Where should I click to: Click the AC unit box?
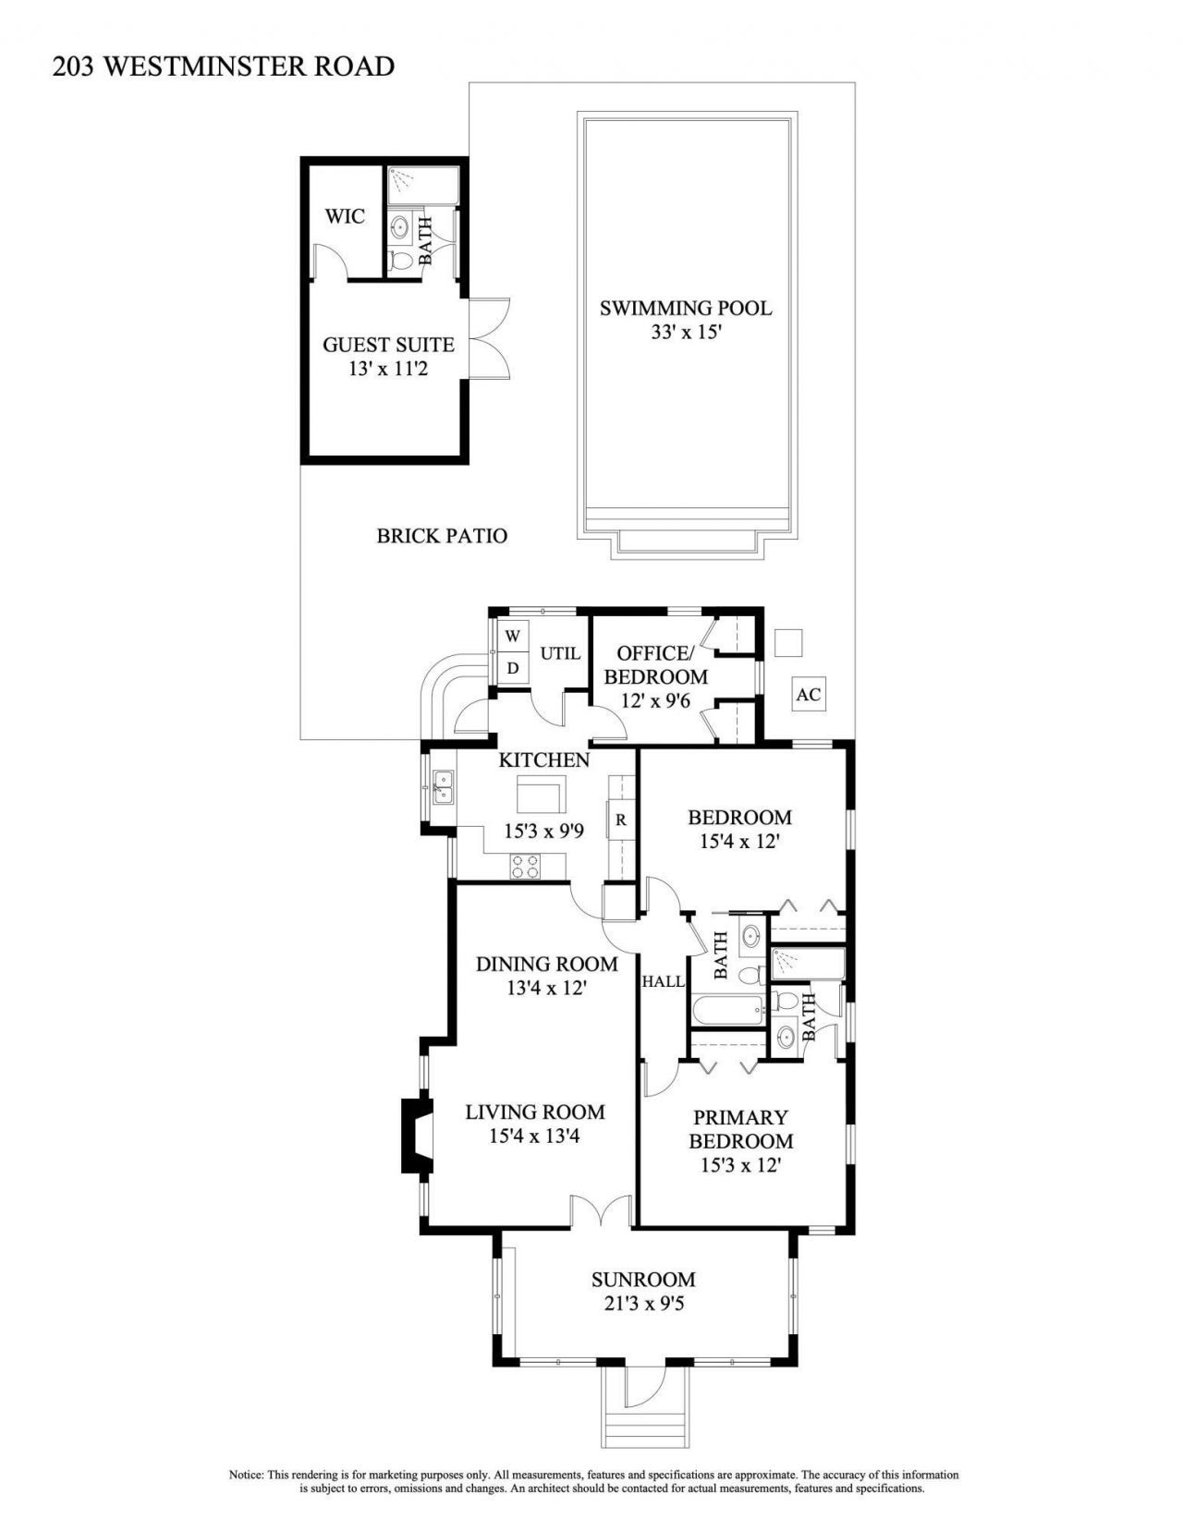[x=809, y=694]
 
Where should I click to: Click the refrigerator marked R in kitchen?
[x=621, y=820]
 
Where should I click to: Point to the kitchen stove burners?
[x=526, y=866]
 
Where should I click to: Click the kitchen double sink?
[x=444, y=785]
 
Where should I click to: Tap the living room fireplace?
[x=415, y=1135]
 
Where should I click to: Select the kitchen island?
[x=541, y=793]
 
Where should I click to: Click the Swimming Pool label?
[x=685, y=309]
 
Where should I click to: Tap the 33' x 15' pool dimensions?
[x=685, y=333]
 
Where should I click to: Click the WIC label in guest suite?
[x=345, y=217]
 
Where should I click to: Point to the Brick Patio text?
[x=442, y=536]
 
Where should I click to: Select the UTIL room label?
[x=560, y=653]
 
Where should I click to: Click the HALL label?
[x=664, y=981]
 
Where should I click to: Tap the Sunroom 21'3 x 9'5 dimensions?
[x=643, y=1305]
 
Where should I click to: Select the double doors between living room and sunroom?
[x=600, y=1210]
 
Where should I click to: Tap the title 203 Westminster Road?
[x=224, y=67]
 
